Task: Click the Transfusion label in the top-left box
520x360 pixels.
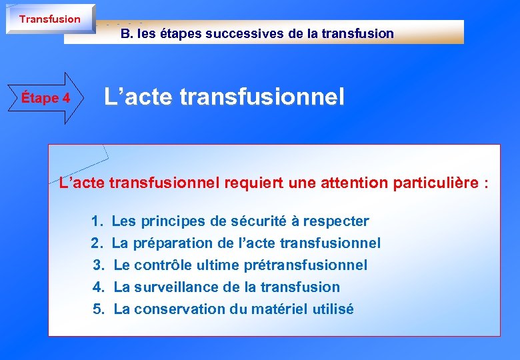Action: tap(49, 19)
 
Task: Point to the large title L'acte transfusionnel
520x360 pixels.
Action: tap(224, 98)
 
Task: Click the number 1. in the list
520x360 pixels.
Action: tap(97, 221)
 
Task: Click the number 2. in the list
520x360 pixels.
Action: tap(97, 243)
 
